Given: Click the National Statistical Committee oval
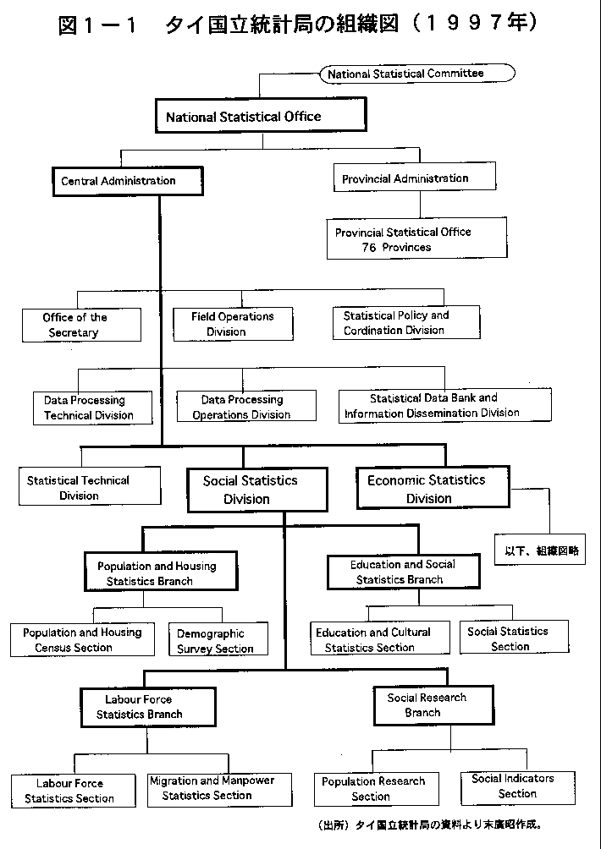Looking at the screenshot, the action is pyautogui.click(x=417, y=73).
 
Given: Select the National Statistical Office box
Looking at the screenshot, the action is pyautogui.click(x=261, y=115).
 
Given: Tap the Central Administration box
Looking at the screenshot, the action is pyautogui.click(x=127, y=181).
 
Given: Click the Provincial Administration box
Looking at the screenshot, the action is pyautogui.click(x=415, y=177).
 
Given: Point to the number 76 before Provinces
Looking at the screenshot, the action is pyautogui.click(x=370, y=248).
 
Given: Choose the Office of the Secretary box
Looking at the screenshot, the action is pyautogui.click(x=81, y=325).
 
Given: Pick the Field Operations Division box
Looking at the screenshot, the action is pyautogui.click(x=233, y=324).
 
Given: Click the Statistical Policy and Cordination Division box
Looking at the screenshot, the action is pyautogui.click(x=406, y=322).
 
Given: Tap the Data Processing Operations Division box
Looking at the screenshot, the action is pyautogui.click(x=246, y=406).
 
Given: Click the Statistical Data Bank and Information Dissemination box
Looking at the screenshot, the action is pyautogui.click(x=445, y=404).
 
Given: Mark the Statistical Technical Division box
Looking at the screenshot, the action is pyautogui.click(x=90, y=485).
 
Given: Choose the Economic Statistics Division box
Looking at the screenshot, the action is pyautogui.click(x=433, y=487).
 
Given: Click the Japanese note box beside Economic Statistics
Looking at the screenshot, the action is pyautogui.click(x=540, y=550).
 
